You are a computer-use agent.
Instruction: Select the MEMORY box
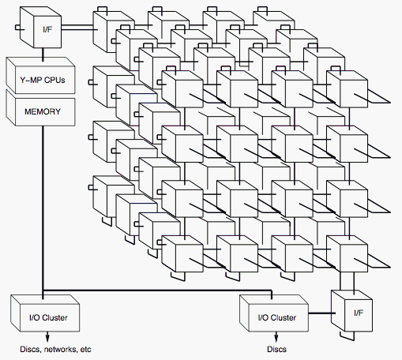pos(40,108)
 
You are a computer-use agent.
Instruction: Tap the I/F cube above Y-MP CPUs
pos(41,28)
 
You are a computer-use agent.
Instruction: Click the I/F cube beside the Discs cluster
pos(351,311)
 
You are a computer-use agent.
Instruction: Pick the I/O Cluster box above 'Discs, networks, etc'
pos(45,313)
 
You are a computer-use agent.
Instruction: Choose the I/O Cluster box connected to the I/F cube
pos(274,313)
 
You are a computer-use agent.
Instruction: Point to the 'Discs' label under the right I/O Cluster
pos(276,350)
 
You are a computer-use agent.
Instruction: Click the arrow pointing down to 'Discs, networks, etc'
pos(47,336)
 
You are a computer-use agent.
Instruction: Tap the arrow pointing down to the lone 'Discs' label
pos(276,336)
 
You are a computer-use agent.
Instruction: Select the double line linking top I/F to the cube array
pos(77,28)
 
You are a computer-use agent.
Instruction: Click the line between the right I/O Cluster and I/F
pos(322,313)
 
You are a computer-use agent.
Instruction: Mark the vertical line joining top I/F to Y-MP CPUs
pos(43,54)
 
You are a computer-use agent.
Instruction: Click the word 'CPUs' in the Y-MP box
pos(54,80)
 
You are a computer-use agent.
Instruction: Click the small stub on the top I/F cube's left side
pos(18,28)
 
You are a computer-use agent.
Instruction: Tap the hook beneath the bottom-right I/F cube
pos(347,336)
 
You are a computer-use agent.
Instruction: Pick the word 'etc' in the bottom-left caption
pos(85,350)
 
